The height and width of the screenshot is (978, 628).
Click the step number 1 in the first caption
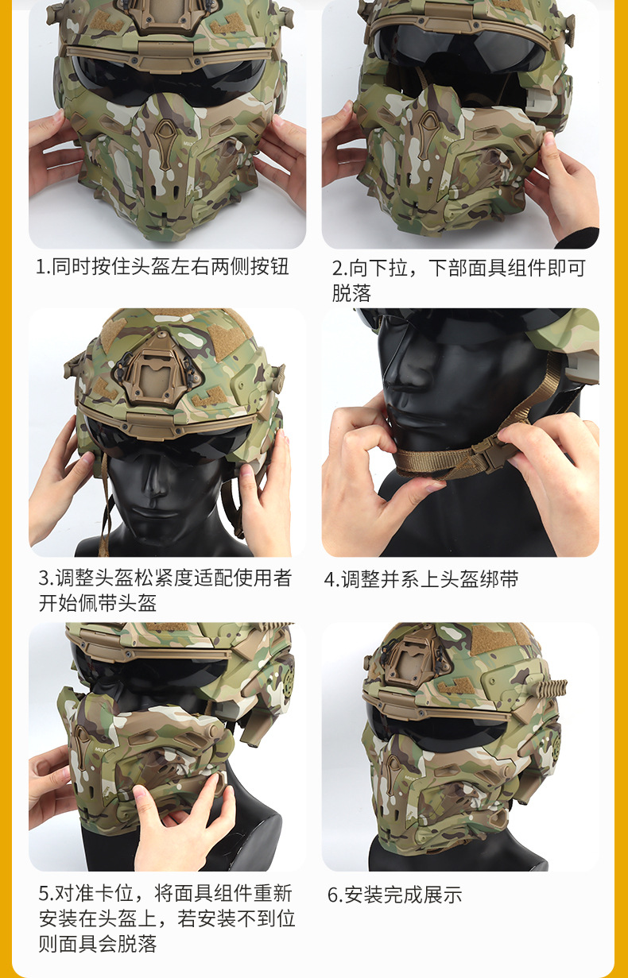(41, 267)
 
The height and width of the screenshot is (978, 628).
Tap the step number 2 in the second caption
(337, 268)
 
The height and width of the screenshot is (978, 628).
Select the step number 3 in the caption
(44, 578)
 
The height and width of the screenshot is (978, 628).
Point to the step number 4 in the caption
(329, 579)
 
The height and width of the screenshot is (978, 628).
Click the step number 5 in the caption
(44, 893)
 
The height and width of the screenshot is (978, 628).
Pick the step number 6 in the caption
(333, 894)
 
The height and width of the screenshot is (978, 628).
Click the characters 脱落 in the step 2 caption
(351, 293)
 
